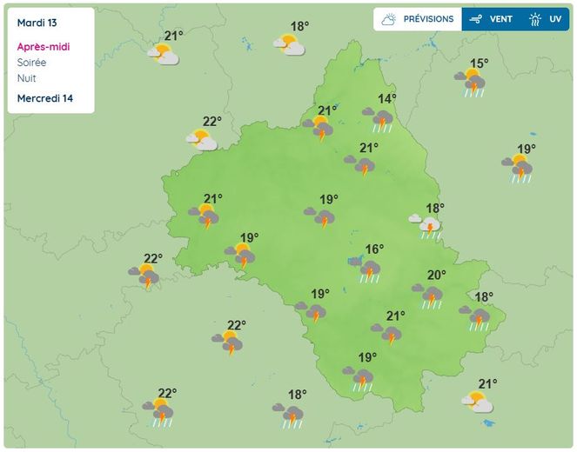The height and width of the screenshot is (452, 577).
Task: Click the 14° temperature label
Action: (x=387, y=99)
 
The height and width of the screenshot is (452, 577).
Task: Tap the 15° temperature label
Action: (x=479, y=63)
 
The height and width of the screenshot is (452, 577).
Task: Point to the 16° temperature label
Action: (x=374, y=249)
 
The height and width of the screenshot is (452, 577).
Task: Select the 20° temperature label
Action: (x=436, y=276)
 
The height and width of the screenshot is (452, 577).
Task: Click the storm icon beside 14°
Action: (x=379, y=118)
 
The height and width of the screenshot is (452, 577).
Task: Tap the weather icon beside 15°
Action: (x=473, y=83)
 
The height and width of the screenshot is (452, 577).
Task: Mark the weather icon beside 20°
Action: (x=429, y=296)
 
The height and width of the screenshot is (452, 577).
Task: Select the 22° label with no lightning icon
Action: (x=212, y=122)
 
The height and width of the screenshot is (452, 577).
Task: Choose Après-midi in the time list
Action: (x=43, y=47)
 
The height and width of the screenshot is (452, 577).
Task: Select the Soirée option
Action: (x=32, y=63)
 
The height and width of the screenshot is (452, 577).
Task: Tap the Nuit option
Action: (x=27, y=78)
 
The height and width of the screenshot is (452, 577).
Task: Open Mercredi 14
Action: (x=44, y=98)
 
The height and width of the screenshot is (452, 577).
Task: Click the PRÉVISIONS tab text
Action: (x=428, y=19)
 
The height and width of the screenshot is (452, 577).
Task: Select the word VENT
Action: (x=501, y=19)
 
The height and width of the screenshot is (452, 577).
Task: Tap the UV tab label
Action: (x=555, y=19)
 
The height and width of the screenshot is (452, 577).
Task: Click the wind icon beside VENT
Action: (x=476, y=19)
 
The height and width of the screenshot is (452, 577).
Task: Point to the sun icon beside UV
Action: (x=534, y=19)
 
